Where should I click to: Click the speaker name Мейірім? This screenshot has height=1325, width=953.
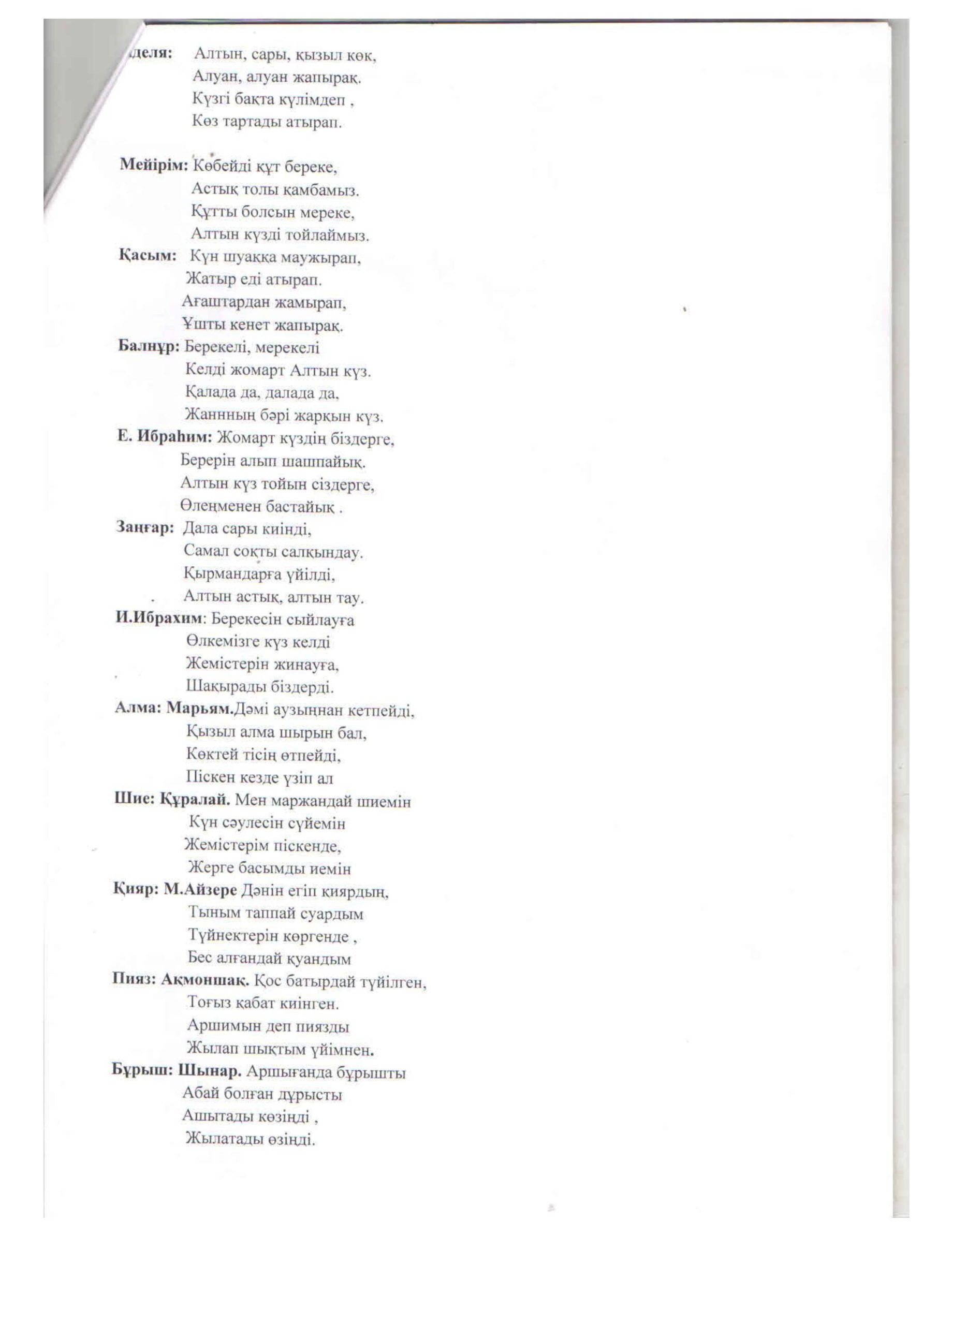click(x=153, y=165)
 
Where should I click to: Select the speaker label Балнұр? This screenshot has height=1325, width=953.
click(x=149, y=346)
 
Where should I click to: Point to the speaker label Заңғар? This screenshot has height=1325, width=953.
click(x=145, y=527)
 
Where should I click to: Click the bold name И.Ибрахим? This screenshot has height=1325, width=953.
click(x=159, y=618)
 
